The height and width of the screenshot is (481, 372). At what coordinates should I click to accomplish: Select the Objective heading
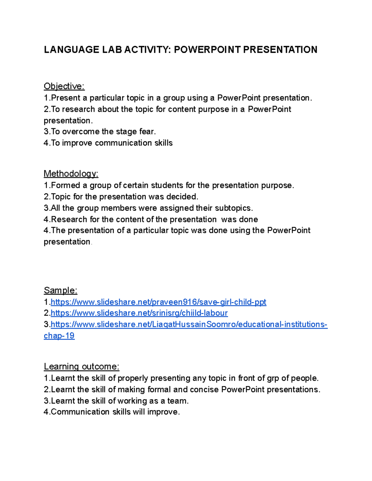coord(64,86)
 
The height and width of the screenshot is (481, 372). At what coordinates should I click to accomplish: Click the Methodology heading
coord(71,174)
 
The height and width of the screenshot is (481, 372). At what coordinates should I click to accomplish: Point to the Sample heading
coord(60,291)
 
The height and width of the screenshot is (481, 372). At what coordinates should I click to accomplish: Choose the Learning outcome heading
coord(82,367)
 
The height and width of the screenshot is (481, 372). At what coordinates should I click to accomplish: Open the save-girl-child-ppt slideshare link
coord(158,302)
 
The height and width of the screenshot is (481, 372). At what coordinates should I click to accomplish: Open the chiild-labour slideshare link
coord(139,313)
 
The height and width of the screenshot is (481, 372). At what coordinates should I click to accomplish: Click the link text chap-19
coord(59,336)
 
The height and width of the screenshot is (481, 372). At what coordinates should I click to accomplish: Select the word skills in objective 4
coord(163,143)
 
